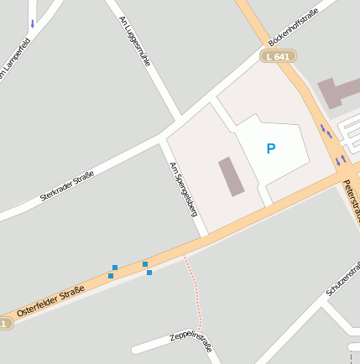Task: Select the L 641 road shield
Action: (x=277, y=56)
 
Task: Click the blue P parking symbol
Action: (x=270, y=148)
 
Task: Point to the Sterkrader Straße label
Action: (x=67, y=185)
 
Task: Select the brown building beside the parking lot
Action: (x=230, y=176)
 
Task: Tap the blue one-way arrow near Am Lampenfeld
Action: (x=33, y=23)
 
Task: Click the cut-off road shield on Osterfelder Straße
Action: (x=6, y=323)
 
